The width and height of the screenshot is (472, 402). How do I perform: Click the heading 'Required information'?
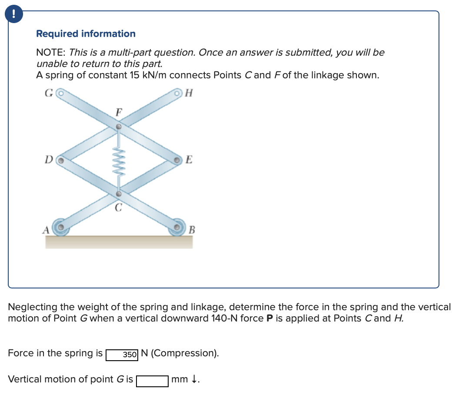[x=86, y=33]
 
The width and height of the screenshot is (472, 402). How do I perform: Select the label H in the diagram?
[x=188, y=92]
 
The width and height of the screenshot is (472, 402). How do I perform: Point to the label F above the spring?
[x=118, y=112]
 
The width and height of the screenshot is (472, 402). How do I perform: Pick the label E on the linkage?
[x=189, y=159]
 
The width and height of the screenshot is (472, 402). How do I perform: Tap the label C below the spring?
[x=118, y=208]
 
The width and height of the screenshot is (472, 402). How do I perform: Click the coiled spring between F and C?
[x=118, y=160]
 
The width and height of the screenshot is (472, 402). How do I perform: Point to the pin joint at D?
[x=62, y=160]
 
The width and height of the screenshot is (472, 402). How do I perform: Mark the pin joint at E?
[x=177, y=160]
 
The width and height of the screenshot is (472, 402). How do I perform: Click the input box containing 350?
[x=122, y=354]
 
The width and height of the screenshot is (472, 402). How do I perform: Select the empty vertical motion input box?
[x=153, y=381]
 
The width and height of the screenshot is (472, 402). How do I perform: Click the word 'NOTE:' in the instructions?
[x=51, y=53]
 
